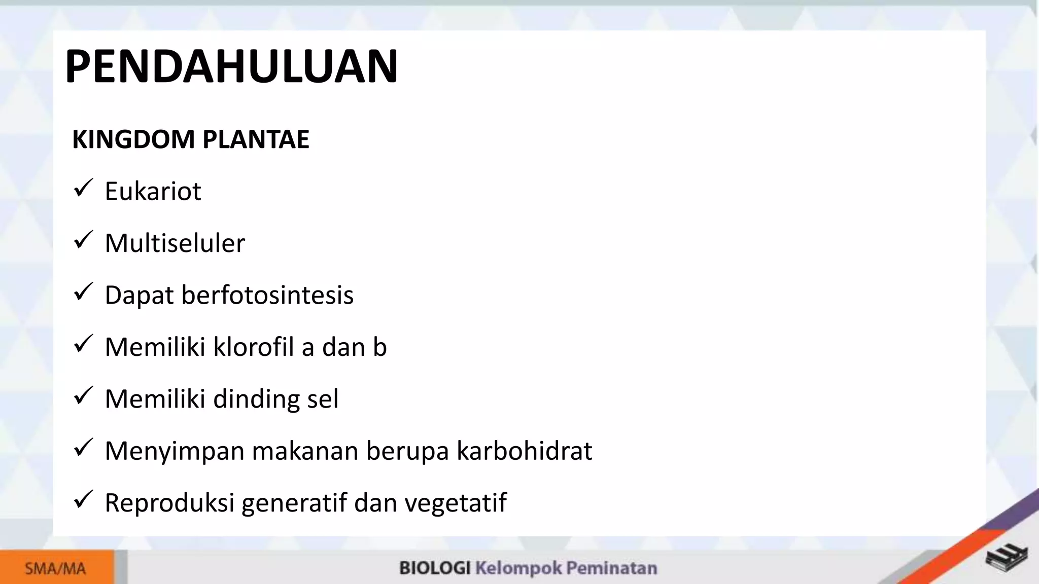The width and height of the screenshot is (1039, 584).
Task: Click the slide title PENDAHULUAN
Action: (231, 66)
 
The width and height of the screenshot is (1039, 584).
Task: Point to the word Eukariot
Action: (153, 192)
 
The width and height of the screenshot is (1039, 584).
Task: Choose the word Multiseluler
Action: (175, 243)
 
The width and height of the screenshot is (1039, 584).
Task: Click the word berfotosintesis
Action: (267, 295)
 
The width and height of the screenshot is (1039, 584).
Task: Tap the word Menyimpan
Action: (175, 451)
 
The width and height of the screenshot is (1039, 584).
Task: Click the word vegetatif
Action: (455, 503)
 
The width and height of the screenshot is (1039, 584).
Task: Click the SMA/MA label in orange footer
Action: (55, 569)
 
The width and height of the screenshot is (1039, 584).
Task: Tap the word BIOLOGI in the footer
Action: (434, 568)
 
